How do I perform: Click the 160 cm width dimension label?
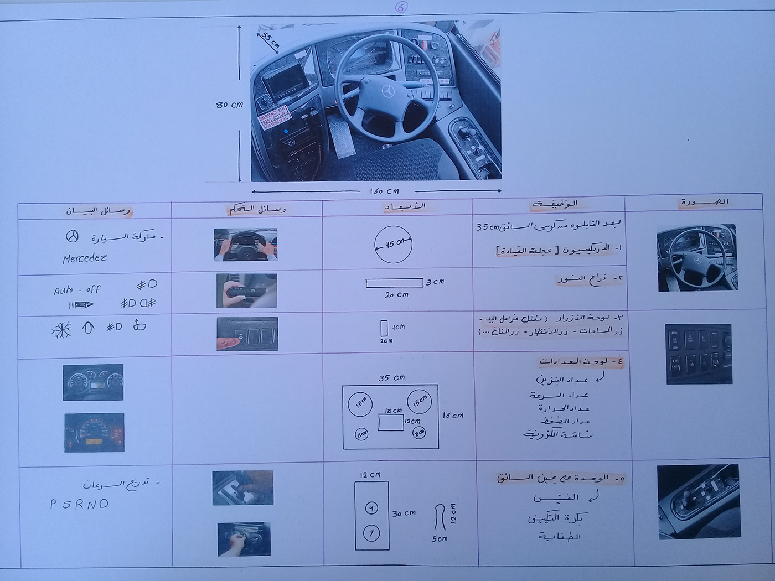384,191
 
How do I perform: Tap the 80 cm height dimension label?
229,105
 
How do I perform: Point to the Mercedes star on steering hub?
387,91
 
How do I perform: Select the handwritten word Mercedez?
85,258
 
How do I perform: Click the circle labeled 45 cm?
393,244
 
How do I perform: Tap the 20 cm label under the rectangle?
396,295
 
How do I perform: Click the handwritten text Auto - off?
77,289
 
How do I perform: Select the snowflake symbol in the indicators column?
61,330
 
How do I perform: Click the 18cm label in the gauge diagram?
393,411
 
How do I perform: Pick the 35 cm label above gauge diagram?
391,378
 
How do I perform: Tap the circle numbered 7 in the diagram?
371,533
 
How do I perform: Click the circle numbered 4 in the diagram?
371,507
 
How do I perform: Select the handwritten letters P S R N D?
80,504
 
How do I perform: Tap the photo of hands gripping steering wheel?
245,245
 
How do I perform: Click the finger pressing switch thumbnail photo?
247,334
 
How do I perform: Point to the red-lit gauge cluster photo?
94,432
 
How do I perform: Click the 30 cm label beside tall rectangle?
404,513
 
